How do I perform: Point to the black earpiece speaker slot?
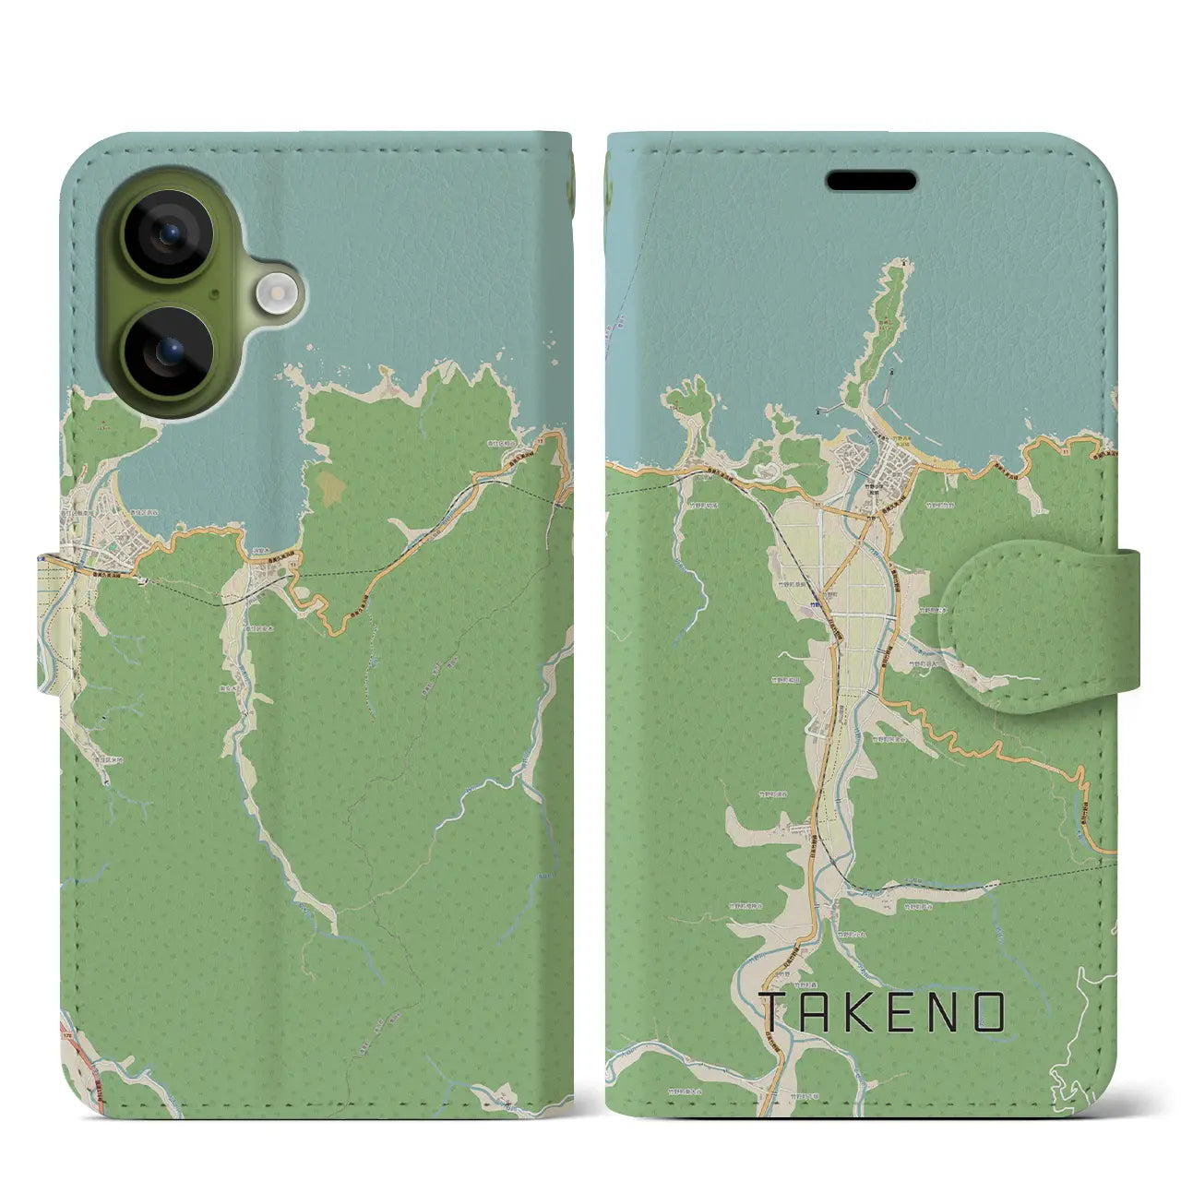(x=871, y=180)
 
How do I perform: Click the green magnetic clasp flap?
(x=1033, y=626)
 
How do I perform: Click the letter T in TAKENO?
(x=772, y=1013)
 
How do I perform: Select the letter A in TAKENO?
(x=818, y=1013)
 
